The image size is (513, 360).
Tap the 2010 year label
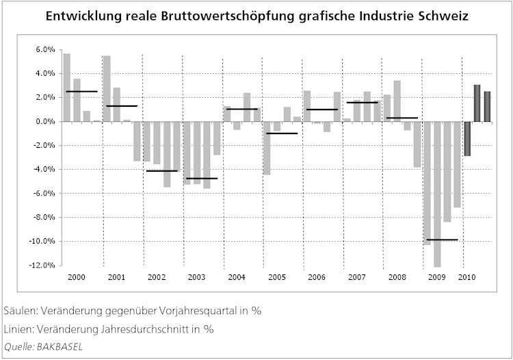tap(467, 277)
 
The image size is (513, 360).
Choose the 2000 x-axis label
tap(77, 277)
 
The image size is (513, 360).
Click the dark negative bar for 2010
tap(467, 138)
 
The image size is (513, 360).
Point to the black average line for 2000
tap(81, 91)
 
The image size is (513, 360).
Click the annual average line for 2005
tap(281, 133)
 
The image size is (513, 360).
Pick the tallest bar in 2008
tap(397, 101)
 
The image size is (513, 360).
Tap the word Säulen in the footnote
tap(18, 310)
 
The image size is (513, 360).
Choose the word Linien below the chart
tap(18, 329)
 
